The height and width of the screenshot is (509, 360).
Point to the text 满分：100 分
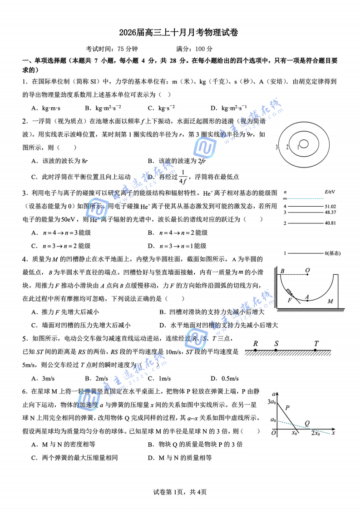point(194,49)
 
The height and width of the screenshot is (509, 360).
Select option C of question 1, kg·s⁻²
point(162,108)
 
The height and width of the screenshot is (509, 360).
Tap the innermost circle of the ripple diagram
point(304,143)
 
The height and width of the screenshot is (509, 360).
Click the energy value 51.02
point(330,207)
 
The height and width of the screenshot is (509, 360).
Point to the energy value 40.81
point(330,223)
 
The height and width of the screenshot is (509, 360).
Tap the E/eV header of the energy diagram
point(330,193)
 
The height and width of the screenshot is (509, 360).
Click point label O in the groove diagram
point(307,271)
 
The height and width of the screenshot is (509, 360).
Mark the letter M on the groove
point(330,301)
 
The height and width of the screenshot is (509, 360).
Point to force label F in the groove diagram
point(290,300)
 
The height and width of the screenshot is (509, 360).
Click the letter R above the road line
point(256,344)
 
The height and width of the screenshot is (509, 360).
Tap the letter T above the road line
point(316,344)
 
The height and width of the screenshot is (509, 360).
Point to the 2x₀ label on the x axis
point(315,434)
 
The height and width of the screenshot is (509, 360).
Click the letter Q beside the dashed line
point(307,423)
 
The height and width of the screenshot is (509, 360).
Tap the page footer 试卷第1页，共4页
point(180,492)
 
